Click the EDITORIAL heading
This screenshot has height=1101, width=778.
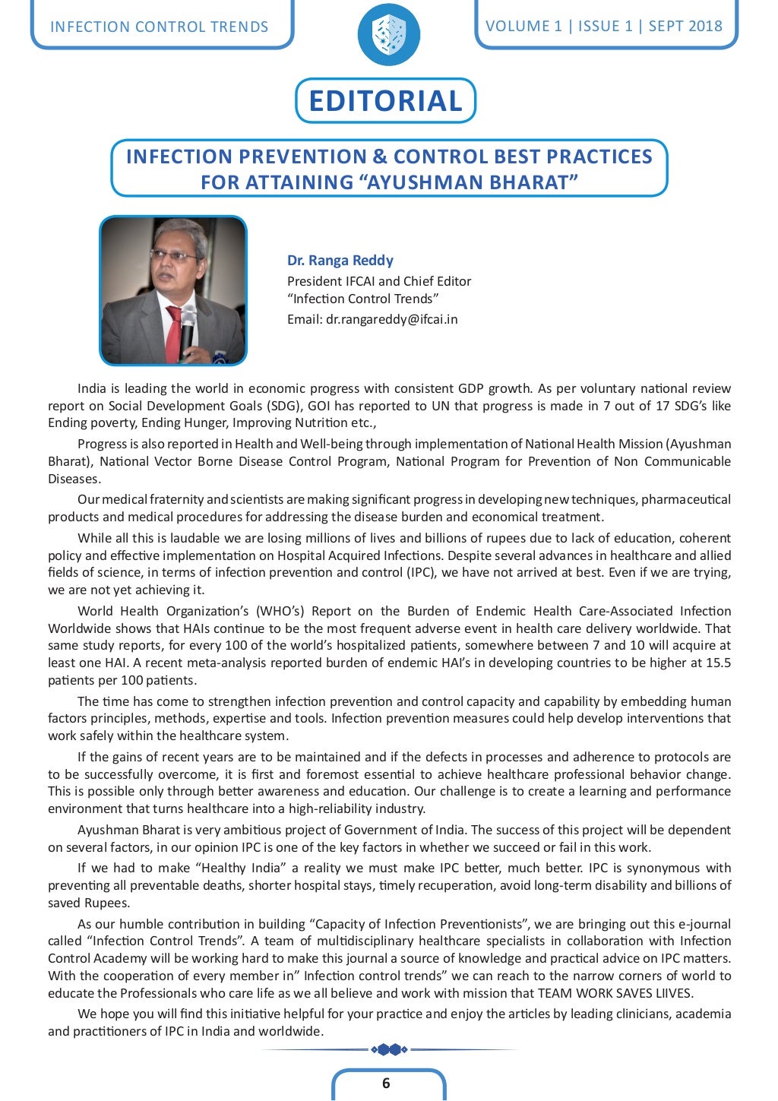click(x=385, y=100)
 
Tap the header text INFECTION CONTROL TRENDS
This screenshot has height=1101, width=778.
click(x=159, y=27)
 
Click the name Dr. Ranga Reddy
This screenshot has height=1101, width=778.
click(x=340, y=260)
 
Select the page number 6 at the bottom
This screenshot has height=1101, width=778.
click(x=386, y=1083)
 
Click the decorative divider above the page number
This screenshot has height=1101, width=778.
click(x=388, y=1049)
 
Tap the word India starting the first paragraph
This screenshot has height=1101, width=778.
click(x=92, y=388)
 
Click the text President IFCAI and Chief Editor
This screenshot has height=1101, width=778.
click(x=379, y=281)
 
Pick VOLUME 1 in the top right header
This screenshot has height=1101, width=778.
click(x=523, y=26)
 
